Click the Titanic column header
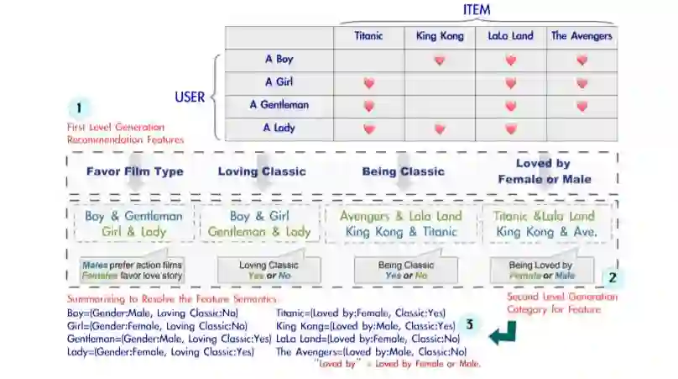368,36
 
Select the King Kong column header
439,36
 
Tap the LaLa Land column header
510,36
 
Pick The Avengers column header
582,36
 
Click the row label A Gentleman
279,105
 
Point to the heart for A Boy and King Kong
439,61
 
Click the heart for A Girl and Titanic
368,83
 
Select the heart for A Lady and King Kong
439,129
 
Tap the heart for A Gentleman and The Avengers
582,106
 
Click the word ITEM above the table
477,10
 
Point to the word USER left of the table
190,97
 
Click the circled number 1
79,108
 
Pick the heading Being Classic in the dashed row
403,171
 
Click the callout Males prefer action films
132,269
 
